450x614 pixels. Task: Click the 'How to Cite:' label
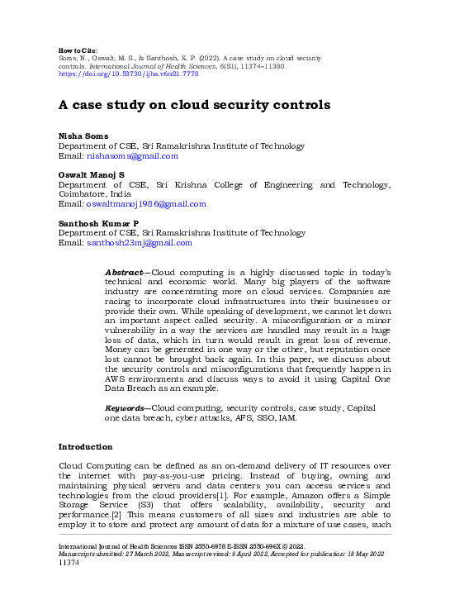(x=79, y=50)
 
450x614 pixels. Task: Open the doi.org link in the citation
(x=128, y=74)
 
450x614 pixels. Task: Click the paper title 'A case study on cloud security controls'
(x=194, y=105)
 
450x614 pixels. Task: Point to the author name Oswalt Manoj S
(x=91, y=174)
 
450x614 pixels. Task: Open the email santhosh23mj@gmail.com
(x=140, y=243)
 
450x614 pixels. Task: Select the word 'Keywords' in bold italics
(x=125, y=408)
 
